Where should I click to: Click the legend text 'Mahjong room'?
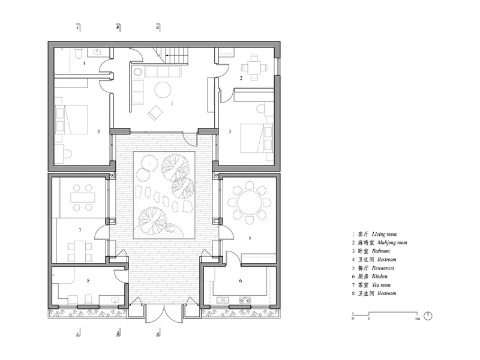pyautogui.click(x=392, y=243)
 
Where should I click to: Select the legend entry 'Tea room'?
pyautogui.click(x=381, y=285)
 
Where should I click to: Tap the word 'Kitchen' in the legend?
pyautogui.click(x=380, y=277)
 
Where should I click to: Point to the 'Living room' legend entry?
pyautogui.click(x=384, y=234)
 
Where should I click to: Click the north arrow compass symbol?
pyautogui.click(x=428, y=316)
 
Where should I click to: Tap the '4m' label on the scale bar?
pyautogui.click(x=417, y=319)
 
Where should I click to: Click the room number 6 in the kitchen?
pyautogui.click(x=241, y=280)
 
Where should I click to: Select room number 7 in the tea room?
pyautogui.click(x=80, y=230)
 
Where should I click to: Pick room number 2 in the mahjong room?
pyautogui.click(x=241, y=79)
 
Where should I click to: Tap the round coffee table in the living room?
pyautogui.click(x=163, y=89)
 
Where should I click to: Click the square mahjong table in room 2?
pyautogui.click(x=254, y=67)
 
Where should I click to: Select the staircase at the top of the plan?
pyautogui.click(x=171, y=55)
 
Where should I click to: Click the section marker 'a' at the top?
pyautogui.click(x=158, y=27)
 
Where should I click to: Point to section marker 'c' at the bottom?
pyautogui.click(x=79, y=333)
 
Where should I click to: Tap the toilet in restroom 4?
pyautogui.click(x=79, y=54)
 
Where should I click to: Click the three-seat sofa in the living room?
pyautogui.click(x=163, y=71)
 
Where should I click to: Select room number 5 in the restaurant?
pyautogui.click(x=250, y=238)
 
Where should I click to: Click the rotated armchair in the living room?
pyautogui.click(x=155, y=113)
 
